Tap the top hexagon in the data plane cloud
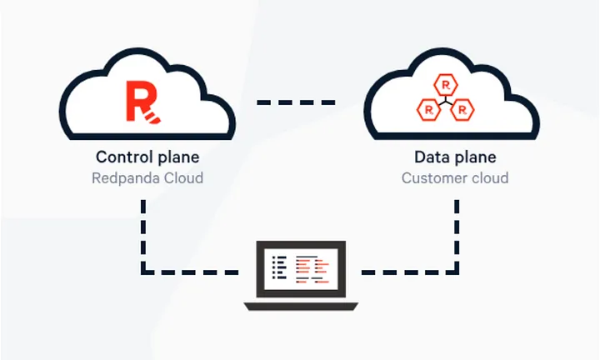tap(446, 84)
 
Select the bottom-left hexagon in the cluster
tap(428, 110)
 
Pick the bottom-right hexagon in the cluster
tap(462, 110)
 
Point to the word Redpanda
tap(126, 178)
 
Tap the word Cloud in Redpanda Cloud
tap(183, 177)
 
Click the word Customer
tap(434, 178)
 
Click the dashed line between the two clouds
tap(296, 102)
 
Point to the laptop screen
tap(301, 269)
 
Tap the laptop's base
tap(301, 307)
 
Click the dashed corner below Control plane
tap(143, 272)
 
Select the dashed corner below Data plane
tap(457, 272)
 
